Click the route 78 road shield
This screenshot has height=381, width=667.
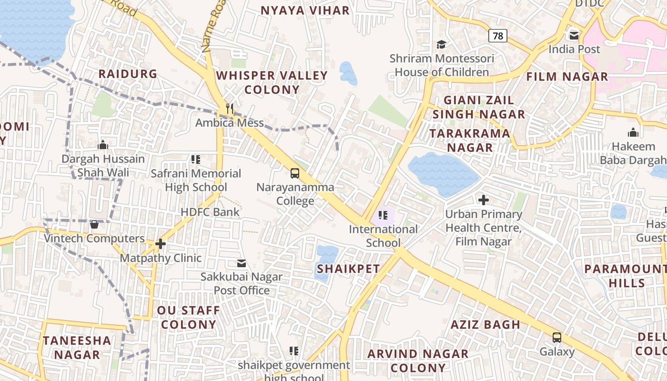pyautogui.click(x=497, y=36)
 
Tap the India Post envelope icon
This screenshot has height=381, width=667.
pyautogui.click(x=574, y=35)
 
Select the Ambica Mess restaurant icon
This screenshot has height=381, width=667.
pyautogui.click(x=230, y=109)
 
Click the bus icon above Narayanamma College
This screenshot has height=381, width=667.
pyautogui.click(x=295, y=173)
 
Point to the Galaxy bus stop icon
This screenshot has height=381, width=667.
pyautogui.click(x=556, y=338)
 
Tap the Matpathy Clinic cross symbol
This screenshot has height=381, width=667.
pyautogui.click(x=161, y=244)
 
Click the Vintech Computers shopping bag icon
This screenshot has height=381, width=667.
pyautogui.click(x=94, y=224)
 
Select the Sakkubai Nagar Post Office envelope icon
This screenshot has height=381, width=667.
pyautogui.click(x=242, y=263)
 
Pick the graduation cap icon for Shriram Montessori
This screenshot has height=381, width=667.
pyautogui.click(x=441, y=44)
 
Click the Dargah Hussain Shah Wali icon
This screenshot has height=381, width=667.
pyautogui.click(x=103, y=145)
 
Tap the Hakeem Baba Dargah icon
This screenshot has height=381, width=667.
pyautogui.click(x=633, y=132)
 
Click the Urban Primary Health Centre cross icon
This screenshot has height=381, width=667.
pyautogui.click(x=483, y=200)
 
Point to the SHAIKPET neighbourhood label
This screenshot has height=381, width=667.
pyautogui.click(x=348, y=269)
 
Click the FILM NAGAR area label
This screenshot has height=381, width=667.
pyautogui.click(x=567, y=77)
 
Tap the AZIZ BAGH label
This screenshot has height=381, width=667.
pyautogui.click(x=485, y=325)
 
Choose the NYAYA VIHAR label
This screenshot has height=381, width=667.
pyautogui.click(x=305, y=10)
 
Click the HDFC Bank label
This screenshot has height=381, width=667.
pyautogui.click(x=210, y=212)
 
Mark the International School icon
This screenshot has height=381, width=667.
pyautogui.click(x=383, y=215)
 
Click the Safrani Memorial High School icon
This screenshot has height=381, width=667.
pyautogui.click(x=196, y=160)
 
